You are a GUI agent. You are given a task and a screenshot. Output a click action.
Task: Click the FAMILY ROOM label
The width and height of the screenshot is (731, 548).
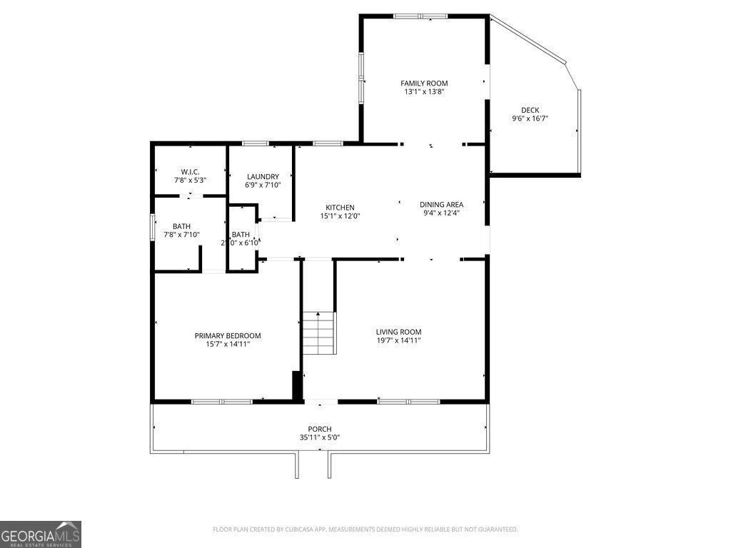424,83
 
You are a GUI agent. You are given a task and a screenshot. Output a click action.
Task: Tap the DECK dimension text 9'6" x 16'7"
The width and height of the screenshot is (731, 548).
530,118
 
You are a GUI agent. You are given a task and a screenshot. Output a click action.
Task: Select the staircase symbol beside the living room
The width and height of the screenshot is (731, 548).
318,333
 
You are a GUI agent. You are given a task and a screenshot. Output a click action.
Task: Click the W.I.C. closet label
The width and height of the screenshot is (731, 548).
190,171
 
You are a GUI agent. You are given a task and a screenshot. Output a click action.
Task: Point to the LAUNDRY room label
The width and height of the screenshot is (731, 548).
263,176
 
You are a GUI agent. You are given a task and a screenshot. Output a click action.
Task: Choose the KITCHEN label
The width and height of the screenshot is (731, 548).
340,208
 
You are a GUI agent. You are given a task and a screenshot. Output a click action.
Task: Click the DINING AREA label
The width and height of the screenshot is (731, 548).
441,204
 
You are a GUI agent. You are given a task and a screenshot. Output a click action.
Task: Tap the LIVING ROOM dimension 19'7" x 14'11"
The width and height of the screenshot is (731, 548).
398,340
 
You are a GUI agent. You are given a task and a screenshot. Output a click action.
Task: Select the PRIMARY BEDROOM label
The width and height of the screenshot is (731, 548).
228,335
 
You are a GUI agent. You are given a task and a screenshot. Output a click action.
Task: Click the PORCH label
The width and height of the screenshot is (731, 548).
319,429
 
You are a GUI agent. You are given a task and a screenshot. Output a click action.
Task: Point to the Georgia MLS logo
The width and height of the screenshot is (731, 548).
41,534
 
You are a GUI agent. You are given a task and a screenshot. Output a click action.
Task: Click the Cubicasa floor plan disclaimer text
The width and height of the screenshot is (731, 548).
365,529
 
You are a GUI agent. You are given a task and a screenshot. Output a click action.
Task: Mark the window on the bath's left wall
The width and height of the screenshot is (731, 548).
152,228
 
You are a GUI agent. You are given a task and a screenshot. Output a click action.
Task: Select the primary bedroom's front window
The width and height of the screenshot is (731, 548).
222,402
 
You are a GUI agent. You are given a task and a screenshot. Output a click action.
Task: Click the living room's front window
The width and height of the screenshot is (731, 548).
408,402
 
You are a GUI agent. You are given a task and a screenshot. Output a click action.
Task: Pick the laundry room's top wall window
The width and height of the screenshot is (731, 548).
255,143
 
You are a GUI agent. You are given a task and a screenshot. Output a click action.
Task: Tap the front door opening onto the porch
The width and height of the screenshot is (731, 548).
321,402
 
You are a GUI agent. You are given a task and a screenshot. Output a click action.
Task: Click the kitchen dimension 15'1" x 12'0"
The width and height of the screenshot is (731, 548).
340,216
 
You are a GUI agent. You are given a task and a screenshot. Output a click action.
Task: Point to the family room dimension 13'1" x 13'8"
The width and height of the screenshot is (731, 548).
424,92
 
